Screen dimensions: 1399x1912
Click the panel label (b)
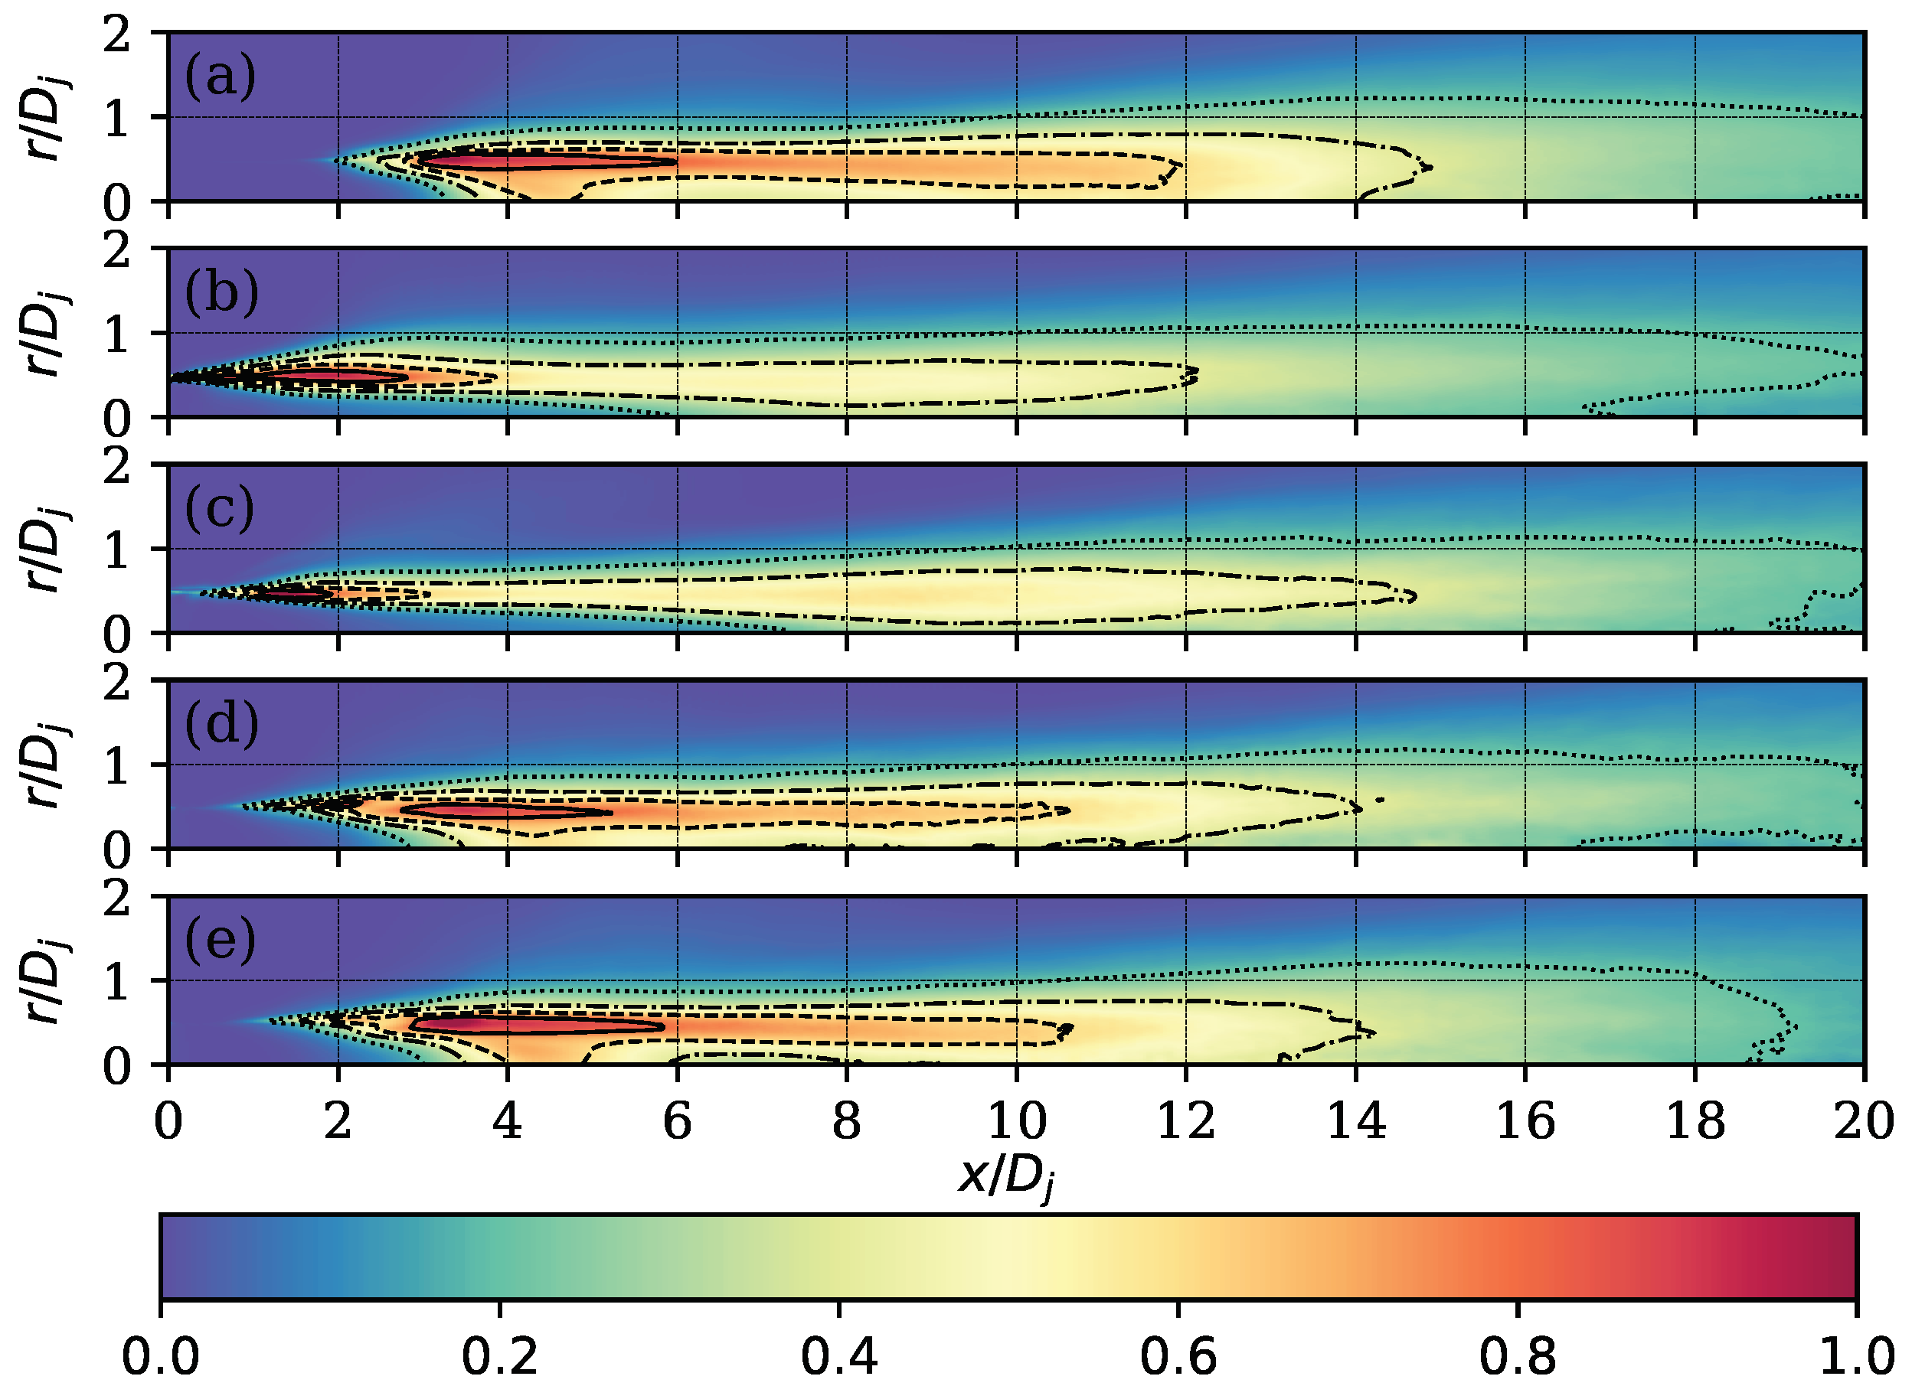221,292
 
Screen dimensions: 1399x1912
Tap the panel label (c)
220,508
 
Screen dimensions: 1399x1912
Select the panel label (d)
221,724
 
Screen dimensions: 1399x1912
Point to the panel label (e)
220,940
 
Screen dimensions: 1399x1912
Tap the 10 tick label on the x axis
1017,1121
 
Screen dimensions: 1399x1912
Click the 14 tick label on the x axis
1355,1121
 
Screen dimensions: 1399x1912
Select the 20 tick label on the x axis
1864,1121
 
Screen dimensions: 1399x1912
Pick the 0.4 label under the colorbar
838,1357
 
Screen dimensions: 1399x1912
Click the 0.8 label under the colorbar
1517,1357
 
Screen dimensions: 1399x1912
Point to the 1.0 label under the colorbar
1856,1357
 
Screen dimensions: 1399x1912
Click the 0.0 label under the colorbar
161,1357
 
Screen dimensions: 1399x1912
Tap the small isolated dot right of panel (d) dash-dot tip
1381,800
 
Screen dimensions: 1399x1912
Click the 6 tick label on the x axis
677,1121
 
